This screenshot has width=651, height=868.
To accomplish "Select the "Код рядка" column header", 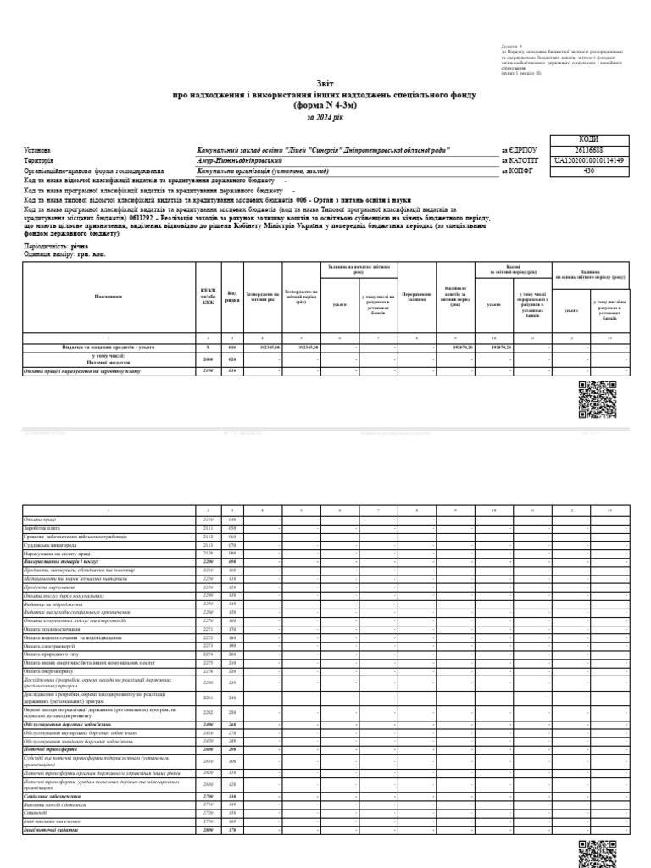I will click(231, 296).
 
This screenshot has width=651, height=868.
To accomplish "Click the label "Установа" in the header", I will click(38, 149).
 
